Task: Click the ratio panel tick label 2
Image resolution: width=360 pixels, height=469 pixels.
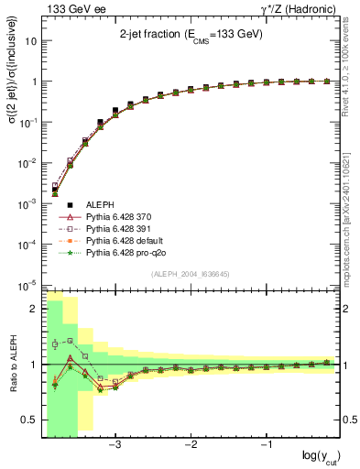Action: (34, 309)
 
